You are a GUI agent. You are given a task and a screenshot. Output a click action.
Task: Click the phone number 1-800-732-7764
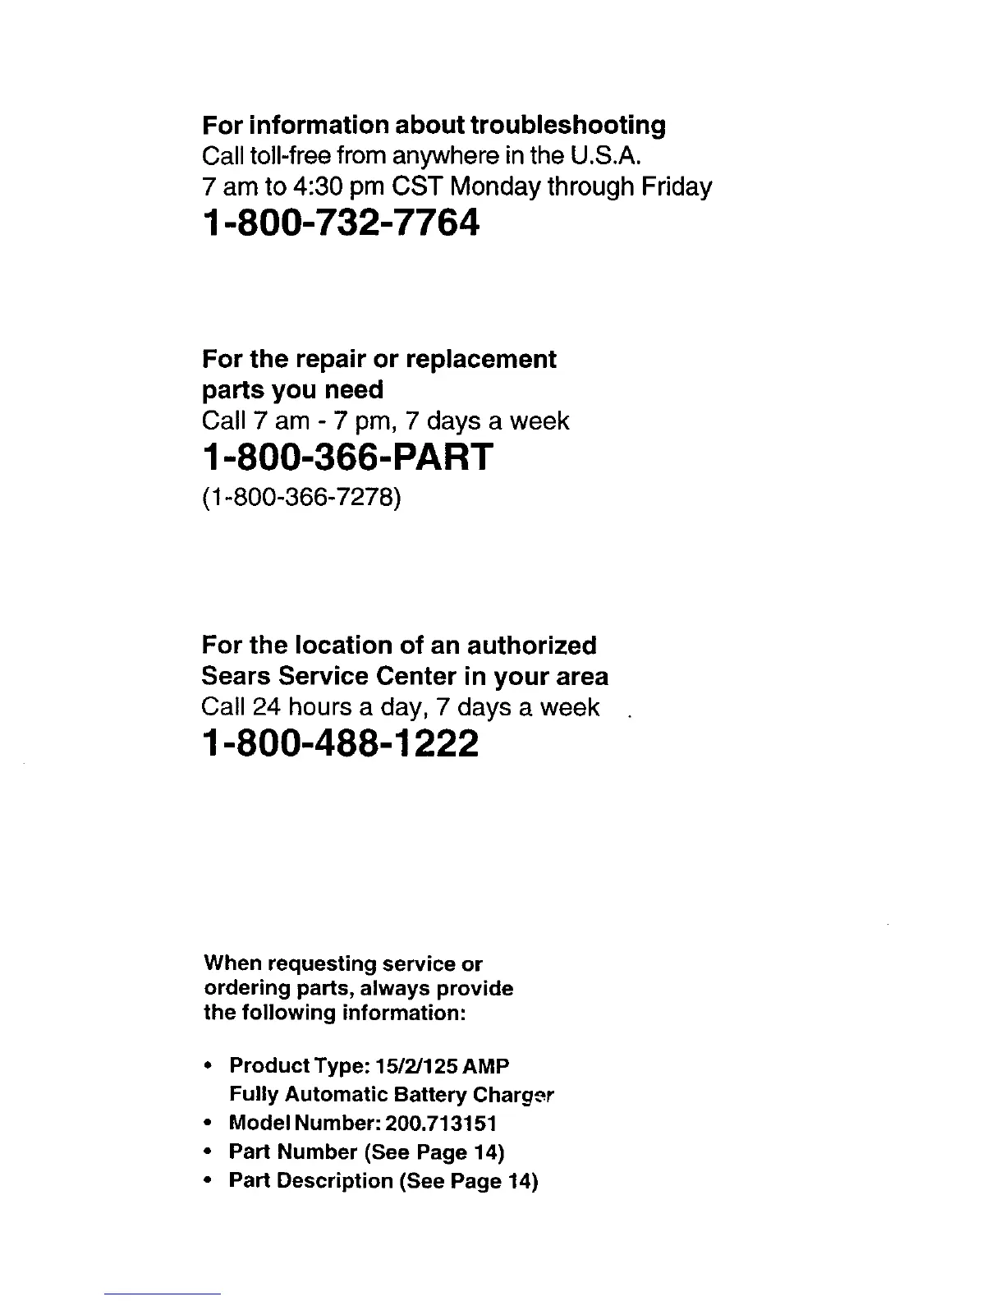(x=338, y=223)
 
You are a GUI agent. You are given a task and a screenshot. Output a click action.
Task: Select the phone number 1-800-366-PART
(x=347, y=457)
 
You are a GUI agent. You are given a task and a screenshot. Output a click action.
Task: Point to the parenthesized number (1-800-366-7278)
(x=301, y=499)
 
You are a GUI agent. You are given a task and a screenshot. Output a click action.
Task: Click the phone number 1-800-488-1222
(x=339, y=745)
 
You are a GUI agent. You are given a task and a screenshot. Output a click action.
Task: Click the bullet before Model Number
(x=210, y=1123)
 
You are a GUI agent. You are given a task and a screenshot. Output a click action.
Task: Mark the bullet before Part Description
(x=210, y=1181)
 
